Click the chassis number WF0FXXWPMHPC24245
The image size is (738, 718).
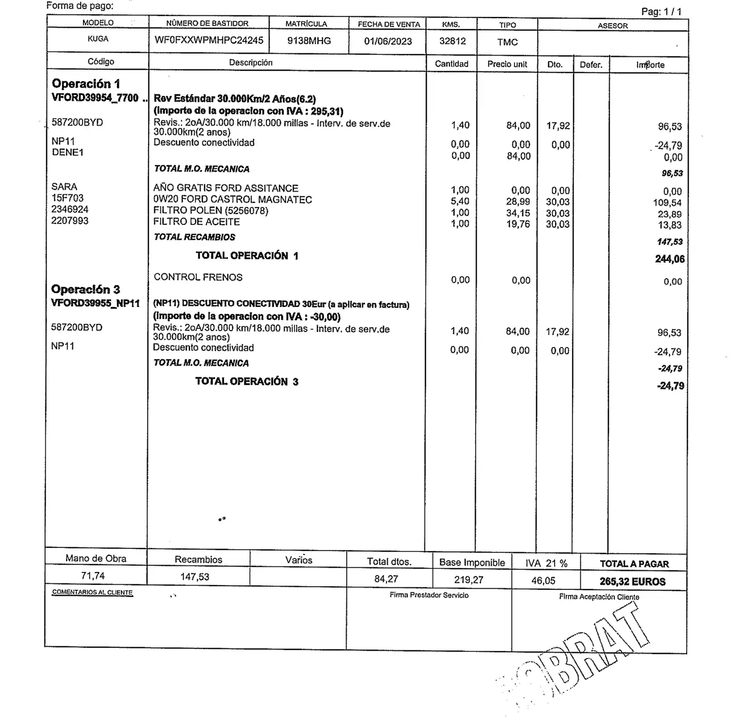point(209,40)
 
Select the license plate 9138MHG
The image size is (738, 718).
point(309,41)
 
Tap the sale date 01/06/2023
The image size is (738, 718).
point(388,42)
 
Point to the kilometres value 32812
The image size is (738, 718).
point(453,42)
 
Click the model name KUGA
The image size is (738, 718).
point(98,39)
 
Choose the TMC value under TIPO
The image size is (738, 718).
point(507,43)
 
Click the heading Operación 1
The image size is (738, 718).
point(86,84)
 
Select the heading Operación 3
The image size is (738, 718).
point(86,290)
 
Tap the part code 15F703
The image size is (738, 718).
point(68,198)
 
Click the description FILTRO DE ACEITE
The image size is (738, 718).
point(196,222)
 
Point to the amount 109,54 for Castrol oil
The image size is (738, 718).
point(667,203)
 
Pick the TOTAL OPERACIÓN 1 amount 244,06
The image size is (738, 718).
point(670,259)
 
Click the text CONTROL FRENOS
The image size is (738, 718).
point(198,277)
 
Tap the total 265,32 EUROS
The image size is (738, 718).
point(632,582)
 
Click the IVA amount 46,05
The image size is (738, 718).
point(544,581)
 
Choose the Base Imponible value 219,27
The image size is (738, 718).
point(468,580)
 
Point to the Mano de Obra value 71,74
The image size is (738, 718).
point(93,576)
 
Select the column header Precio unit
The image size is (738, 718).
point(507,64)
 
